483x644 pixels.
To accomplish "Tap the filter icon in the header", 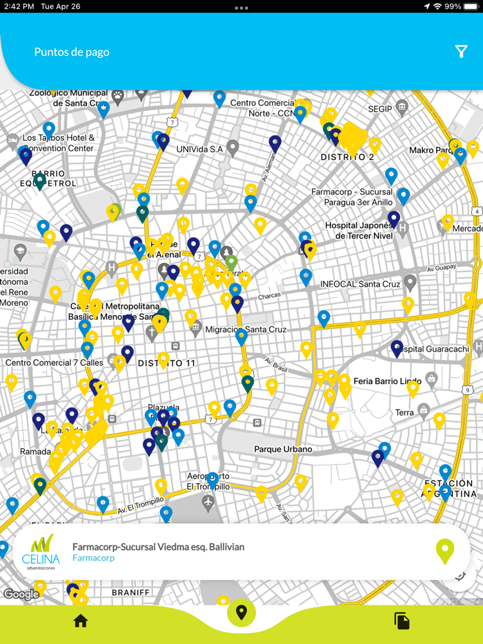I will pyautogui.click(x=462, y=52).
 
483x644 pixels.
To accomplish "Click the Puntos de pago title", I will pyautogui.click(x=72, y=52).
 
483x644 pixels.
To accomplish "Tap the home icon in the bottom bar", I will pyautogui.click(x=81, y=621).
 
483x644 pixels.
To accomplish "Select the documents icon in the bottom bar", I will pyautogui.click(x=402, y=621).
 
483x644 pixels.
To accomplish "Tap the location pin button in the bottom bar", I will pyautogui.click(x=241, y=612).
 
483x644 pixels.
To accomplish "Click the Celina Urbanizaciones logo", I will pyautogui.click(x=41, y=552).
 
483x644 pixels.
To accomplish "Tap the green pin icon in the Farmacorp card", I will pyautogui.click(x=445, y=552).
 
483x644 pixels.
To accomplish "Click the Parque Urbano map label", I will pyautogui.click(x=283, y=449).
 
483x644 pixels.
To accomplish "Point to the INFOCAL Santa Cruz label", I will pyautogui.click(x=359, y=284).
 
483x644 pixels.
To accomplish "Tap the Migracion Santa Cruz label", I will pyautogui.click(x=246, y=330).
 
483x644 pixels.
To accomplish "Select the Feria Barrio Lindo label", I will pyautogui.click(x=387, y=381).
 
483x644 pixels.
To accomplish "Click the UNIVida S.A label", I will pyautogui.click(x=199, y=149).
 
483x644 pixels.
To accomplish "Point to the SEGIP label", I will pyautogui.click(x=380, y=109).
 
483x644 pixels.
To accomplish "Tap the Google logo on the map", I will pyautogui.click(x=21, y=594).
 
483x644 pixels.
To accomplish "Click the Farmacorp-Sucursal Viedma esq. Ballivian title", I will pyautogui.click(x=158, y=547).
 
